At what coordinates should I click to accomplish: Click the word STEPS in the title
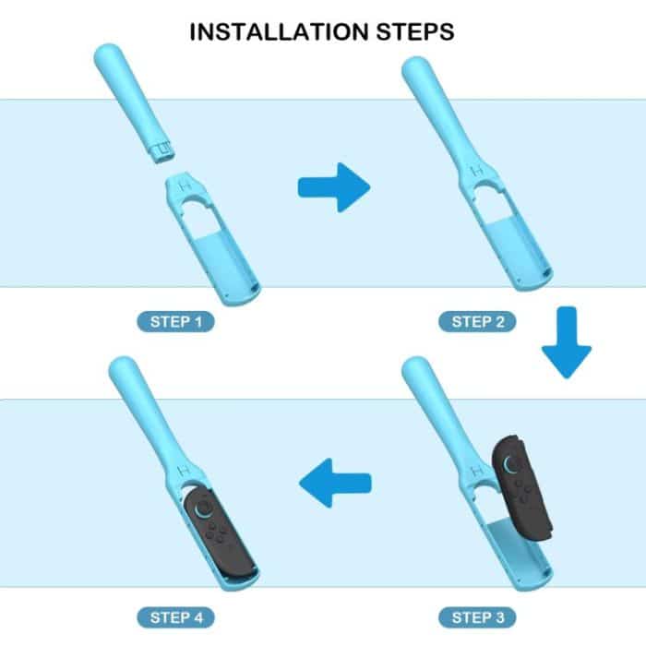click(415, 32)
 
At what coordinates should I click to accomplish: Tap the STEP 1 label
click(176, 322)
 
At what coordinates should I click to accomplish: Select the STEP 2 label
click(477, 322)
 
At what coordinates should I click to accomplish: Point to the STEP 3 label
click(477, 617)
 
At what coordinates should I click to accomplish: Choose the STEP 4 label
click(176, 617)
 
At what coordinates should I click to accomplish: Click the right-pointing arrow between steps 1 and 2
click(334, 187)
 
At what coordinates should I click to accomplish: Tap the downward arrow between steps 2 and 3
click(567, 342)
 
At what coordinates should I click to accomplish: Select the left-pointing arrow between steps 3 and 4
click(335, 483)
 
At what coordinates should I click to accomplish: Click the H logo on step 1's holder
click(185, 185)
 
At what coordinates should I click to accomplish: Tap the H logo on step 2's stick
click(477, 171)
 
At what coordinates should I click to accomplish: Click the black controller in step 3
click(521, 488)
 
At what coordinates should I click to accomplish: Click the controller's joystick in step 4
click(203, 508)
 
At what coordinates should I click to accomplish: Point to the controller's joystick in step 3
click(512, 464)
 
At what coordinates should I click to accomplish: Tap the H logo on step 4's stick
click(185, 470)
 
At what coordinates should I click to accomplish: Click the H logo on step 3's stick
click(477, 470)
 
